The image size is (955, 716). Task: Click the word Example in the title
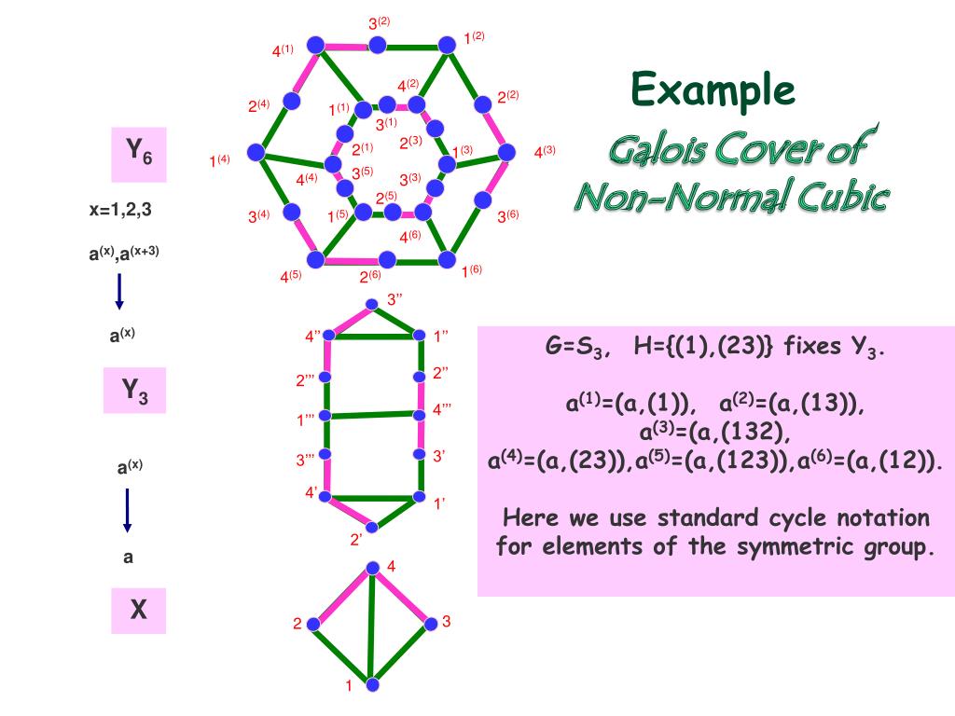713,90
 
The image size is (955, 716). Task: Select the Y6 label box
139,154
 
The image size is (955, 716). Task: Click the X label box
138,610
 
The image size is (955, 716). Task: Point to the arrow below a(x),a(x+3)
119,293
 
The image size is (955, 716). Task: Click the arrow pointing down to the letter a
128,510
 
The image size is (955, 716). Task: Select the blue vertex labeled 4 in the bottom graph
372,568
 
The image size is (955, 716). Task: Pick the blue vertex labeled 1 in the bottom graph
372,685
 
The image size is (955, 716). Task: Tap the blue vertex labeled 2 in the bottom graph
315,624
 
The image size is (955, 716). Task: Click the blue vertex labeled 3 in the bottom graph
430,624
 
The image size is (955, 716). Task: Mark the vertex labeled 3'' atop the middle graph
371,303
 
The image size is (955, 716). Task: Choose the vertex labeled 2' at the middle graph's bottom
372,528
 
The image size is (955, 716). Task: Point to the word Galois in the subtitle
657,147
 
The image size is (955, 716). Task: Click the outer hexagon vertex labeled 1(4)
255,152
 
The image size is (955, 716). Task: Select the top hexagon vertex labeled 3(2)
377,45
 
